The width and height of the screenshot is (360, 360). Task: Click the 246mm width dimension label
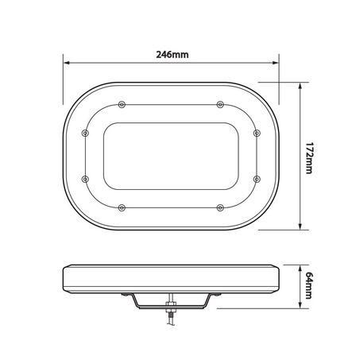(x=172, y=55)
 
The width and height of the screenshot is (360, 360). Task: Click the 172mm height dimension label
(x=309, y=158)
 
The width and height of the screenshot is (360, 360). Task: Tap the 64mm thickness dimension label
(x=309, y=285)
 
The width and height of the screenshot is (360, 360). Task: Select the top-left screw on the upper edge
(x=122, y=105)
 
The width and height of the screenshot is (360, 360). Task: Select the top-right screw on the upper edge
(x=220, y=105)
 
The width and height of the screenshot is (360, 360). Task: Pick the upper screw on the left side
(x=85, y=133)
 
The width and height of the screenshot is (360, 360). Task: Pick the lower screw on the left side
(x=85, y=180)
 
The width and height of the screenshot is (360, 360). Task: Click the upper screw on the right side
(x=257, y=133)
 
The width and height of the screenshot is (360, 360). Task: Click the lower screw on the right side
(x=257, y=180)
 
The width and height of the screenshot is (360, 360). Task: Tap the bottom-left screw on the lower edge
(x=122, y=207)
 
